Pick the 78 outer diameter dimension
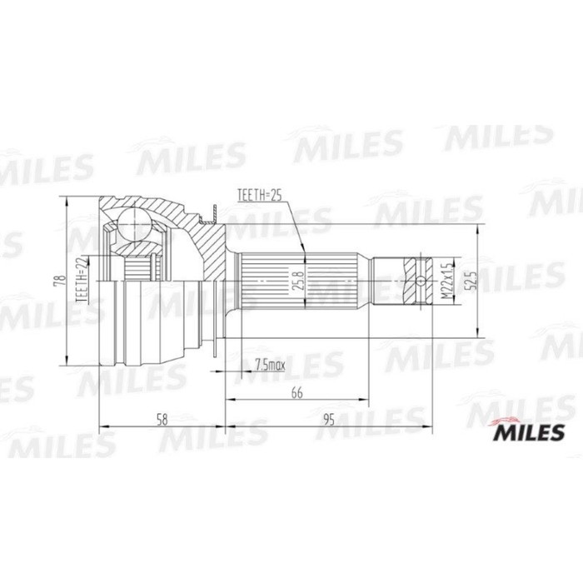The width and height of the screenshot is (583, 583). click(x=56, y=282)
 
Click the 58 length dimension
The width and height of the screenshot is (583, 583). click(x=162, y=421)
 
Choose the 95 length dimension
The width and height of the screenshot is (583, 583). click(x=328, y=421)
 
